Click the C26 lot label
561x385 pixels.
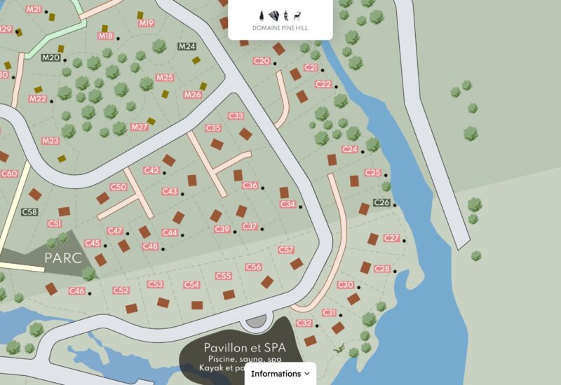(x=381, y=202)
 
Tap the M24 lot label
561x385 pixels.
(x=187, y=47)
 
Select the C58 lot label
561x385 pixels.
(x=29, y=211)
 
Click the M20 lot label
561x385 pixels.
(x=50, y=57)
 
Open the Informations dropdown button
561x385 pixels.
(x=280, y=374)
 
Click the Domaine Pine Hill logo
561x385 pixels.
(x=280, y=20)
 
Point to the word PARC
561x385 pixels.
(x=63, y=258)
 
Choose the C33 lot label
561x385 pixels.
(x=236, y=115)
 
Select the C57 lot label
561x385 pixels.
(x=285, y=250)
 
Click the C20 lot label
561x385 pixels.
(x=261, y=61)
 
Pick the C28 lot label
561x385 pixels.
(x=382, y=269)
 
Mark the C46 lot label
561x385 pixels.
(x=76, y=291)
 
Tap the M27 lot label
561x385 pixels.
(x=139, y=127)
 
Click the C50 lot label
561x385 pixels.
(x=119, y=187)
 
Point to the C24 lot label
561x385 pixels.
(x=350, y=150)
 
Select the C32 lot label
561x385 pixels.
(x=304, y=323)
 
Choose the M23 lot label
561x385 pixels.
(x=50, y=141)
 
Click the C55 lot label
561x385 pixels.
(x=223, y=276)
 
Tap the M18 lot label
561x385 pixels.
(x=106, y=36)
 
